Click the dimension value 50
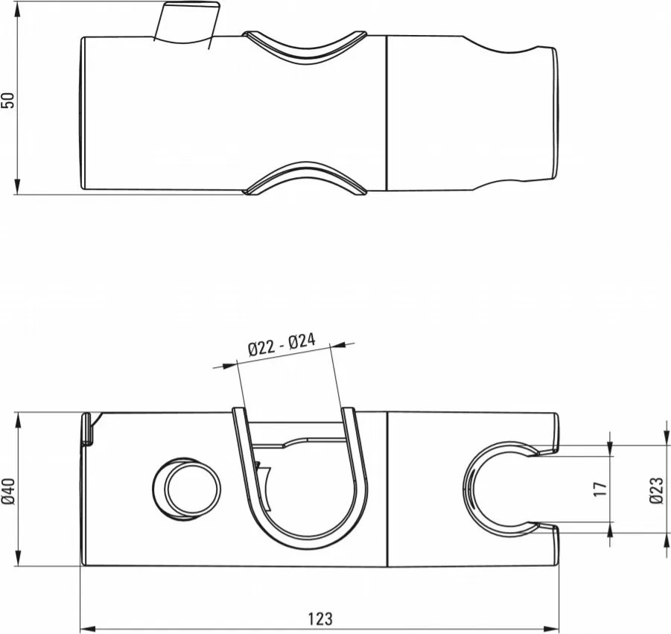click(8, 100)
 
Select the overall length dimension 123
click(319, 618)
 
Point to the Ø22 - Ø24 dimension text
click(282, 344)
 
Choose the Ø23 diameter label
click(655, 489)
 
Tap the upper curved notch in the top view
click(305, 46)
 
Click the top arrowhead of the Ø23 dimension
click(664, 439)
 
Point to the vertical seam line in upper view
click(387, 112)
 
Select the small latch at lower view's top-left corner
click(87, 430)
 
